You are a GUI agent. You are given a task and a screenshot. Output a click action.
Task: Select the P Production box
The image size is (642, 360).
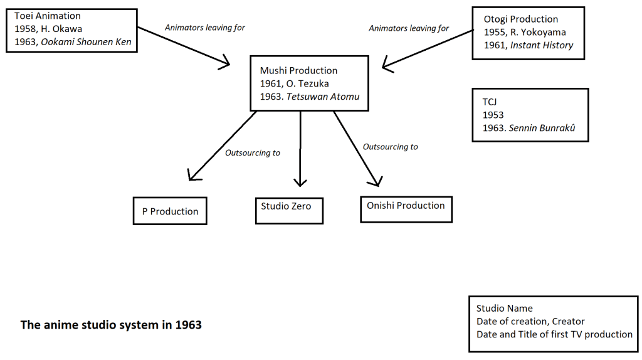[x=170, y=211]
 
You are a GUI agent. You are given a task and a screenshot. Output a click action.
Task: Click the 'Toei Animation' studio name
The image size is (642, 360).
[x=48, y=16]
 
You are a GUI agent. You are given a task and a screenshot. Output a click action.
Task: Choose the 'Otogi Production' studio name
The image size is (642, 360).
[x=520, y=19]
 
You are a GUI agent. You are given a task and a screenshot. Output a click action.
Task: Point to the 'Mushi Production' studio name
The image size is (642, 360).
[x=298, y=71]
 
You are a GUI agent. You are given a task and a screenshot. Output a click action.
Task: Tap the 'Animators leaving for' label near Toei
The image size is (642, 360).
[x=204, y=28]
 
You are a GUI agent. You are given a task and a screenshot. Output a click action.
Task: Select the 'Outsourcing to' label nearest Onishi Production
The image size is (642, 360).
[x=390, y=147]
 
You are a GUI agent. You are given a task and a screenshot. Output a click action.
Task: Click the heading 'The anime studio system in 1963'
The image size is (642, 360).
[x=111, y=325]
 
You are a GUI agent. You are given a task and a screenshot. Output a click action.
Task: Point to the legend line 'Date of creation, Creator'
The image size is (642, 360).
[x=530, y=321]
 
